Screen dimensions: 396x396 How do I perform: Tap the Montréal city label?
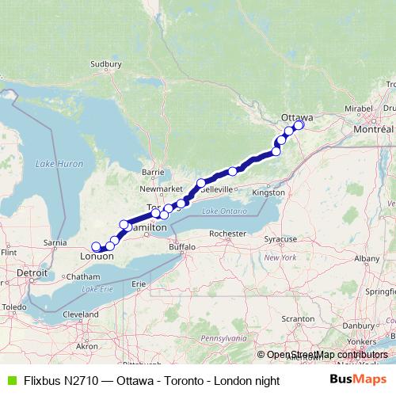375,128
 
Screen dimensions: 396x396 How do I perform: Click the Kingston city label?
268,192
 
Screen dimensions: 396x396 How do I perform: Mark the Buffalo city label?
181,247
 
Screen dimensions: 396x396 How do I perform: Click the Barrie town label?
152,171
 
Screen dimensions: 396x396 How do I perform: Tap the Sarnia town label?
55,242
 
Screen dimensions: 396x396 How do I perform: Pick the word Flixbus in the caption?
38,381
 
